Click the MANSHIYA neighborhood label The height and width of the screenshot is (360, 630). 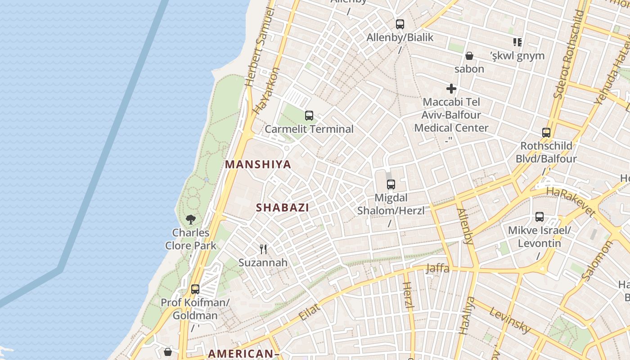tap(258, 164)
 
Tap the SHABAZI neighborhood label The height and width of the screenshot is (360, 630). tap(283, 207)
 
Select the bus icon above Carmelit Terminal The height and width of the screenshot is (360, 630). tap(309, 116)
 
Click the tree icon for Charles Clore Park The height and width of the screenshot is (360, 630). tap(191, 220)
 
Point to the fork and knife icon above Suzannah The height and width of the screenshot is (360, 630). tap(263, 249)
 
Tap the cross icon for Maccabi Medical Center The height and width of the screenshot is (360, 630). tap(451, 89)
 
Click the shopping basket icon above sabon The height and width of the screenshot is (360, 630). tap(469, 56)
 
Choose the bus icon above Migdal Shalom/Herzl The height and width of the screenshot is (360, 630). tap(391, 184)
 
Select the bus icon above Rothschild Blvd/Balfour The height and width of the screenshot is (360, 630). tap(546, 133)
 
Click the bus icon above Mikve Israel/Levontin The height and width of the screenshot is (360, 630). tap(540, 217)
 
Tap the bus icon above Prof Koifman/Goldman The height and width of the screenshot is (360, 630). tap(195, 289)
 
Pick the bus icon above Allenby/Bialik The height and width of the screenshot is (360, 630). tap(400, 24)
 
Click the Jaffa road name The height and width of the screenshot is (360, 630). tap(437, 269)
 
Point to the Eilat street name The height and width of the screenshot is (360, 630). tap(310, 312)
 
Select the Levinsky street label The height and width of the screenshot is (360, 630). tap(510, 320)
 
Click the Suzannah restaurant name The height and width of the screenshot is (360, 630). tap(263, 262)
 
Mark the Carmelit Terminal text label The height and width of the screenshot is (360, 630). tap(309, 129)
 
